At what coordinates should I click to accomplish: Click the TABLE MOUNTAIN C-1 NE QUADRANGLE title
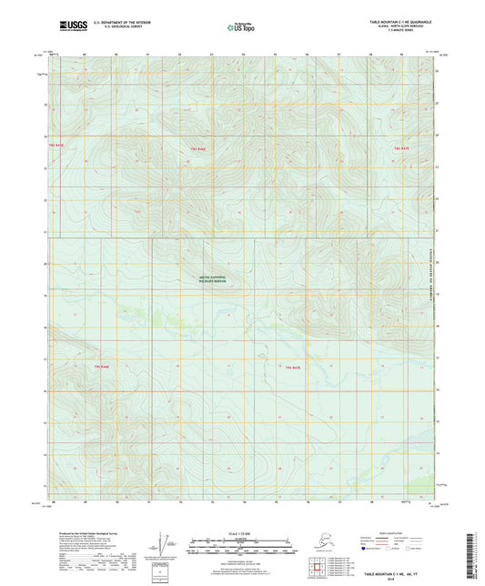click(401, 19)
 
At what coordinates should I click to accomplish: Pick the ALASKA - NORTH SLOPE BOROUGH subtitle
click(401, 25)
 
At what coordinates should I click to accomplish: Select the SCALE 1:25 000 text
click(242, 533)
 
